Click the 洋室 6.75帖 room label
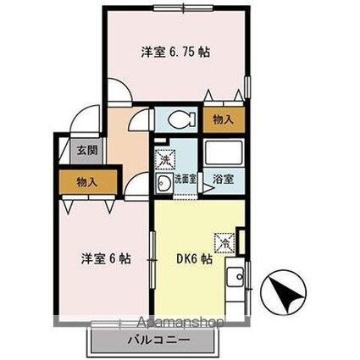coord(176,51)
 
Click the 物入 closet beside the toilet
coord(223,120)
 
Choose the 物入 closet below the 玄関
coord(86,181)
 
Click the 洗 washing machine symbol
coord(163,158)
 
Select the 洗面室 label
coord(186,180)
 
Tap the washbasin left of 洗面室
coord(161,181)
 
